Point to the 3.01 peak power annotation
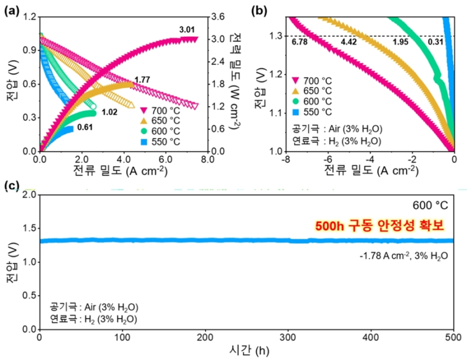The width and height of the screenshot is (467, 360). pyautogui.click(x=187, y=29)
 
